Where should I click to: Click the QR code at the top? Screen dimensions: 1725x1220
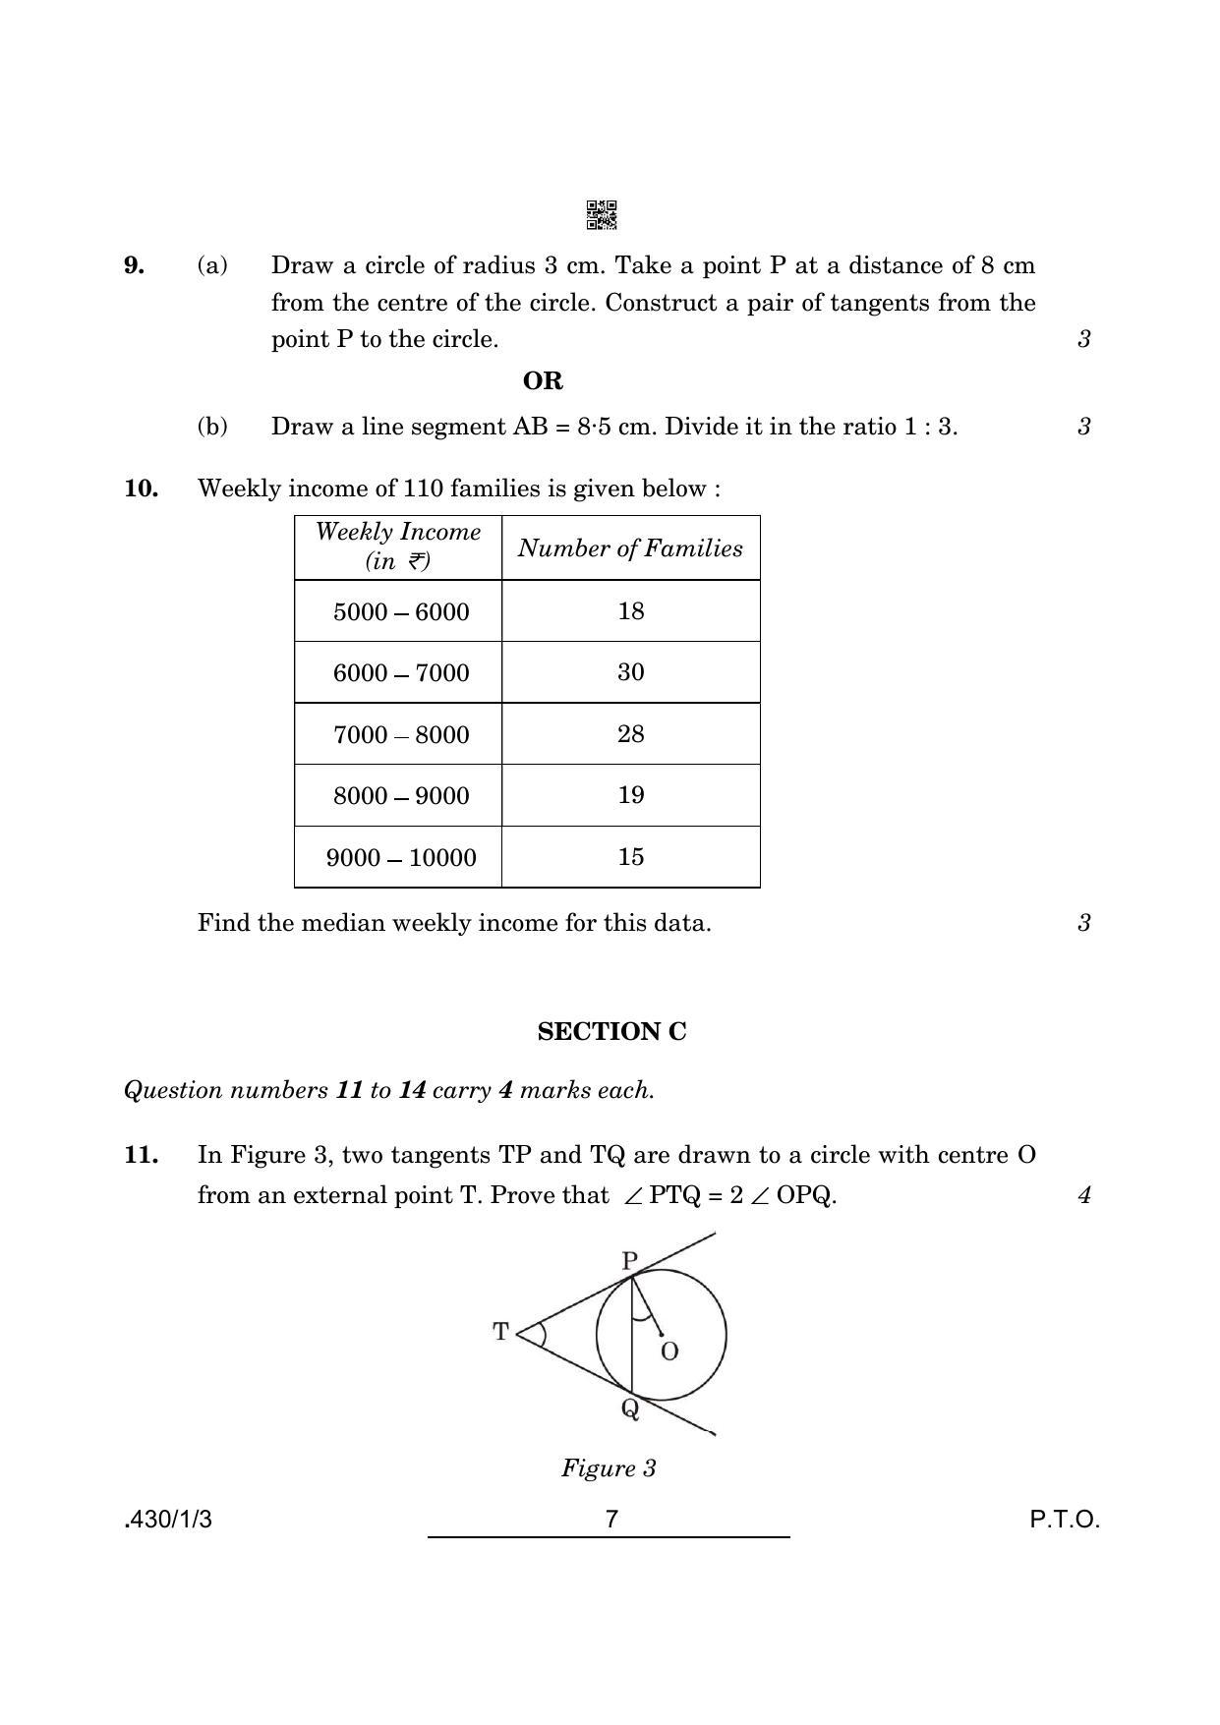(x=602, y=215)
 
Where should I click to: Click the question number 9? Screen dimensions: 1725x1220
(x=135, y=265)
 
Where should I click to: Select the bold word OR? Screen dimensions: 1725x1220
(x=543, y=380)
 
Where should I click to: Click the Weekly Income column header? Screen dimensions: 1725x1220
(x=398, y=546)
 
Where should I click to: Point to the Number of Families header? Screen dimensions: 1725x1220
(x=630, y=548)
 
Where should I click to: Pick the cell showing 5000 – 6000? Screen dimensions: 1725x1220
(x=401, y=611)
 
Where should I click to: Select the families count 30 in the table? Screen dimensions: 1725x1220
(x=631, y=672)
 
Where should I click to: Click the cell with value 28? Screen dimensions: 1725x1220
(x=631, y=734)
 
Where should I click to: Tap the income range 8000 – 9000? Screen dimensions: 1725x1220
(x=401, y=796)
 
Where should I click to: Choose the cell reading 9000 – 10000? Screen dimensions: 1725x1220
(x=401, y=858)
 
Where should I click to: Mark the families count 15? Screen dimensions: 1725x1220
(x=631, y=857)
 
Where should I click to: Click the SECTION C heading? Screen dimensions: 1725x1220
(x=611, y=1032)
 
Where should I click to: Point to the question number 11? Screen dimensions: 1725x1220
(x=142, y=1155)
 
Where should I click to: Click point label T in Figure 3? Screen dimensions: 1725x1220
(x=501, y=1332)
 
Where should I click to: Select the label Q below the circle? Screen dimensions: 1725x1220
(x=630, y=1409)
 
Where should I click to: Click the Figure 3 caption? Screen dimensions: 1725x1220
(x=609, y=1468)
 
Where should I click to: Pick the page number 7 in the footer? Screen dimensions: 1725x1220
(x=611, y=1520)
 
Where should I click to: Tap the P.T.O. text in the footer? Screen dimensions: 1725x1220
(x=1065, y=1520)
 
